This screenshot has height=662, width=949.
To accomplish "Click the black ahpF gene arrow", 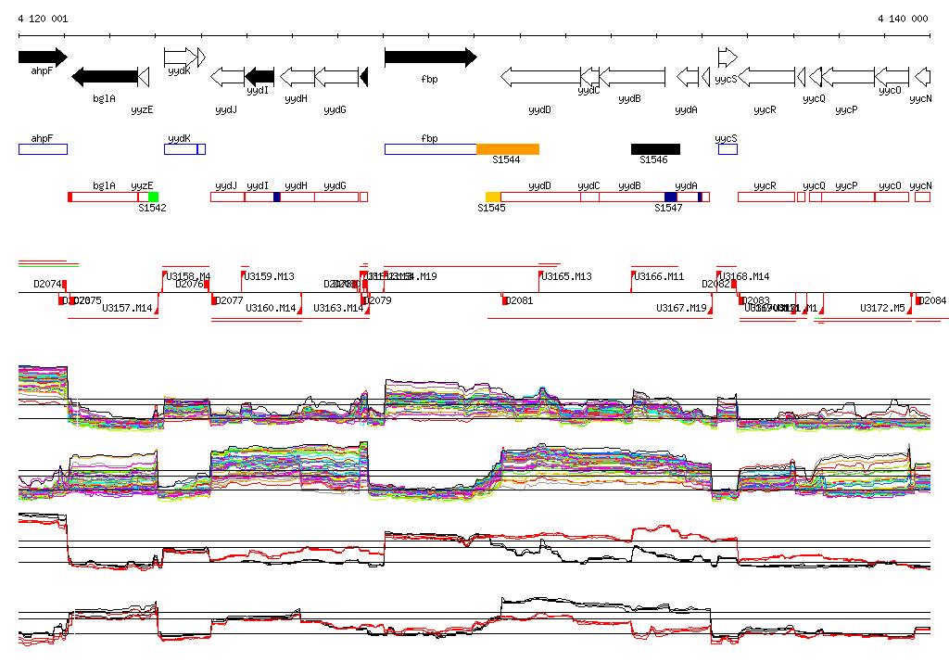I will (x=42, y=57).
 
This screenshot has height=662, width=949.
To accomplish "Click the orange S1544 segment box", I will (x=507, y=149).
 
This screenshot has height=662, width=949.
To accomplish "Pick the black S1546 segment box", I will (x=655, y=149).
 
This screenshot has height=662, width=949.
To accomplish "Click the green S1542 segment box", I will (x=153, y=197).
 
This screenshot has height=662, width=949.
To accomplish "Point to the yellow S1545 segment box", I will (x=493, y=197).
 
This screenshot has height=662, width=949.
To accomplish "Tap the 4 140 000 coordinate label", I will (x=903, y=19).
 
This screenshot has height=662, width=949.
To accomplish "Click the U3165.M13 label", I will (x=567, y=276).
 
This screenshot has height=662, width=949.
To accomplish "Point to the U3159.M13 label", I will (x=269, y=276).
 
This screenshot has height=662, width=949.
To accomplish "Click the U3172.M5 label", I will (x=882, y=308).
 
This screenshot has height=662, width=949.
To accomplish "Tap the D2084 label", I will (x=933, y=300).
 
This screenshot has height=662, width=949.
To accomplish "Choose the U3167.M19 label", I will (x=681, y=308).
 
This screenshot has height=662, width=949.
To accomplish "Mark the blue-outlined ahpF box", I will (x=43, y=149).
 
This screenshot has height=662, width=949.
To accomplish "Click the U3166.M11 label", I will (x=659, y=276).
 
